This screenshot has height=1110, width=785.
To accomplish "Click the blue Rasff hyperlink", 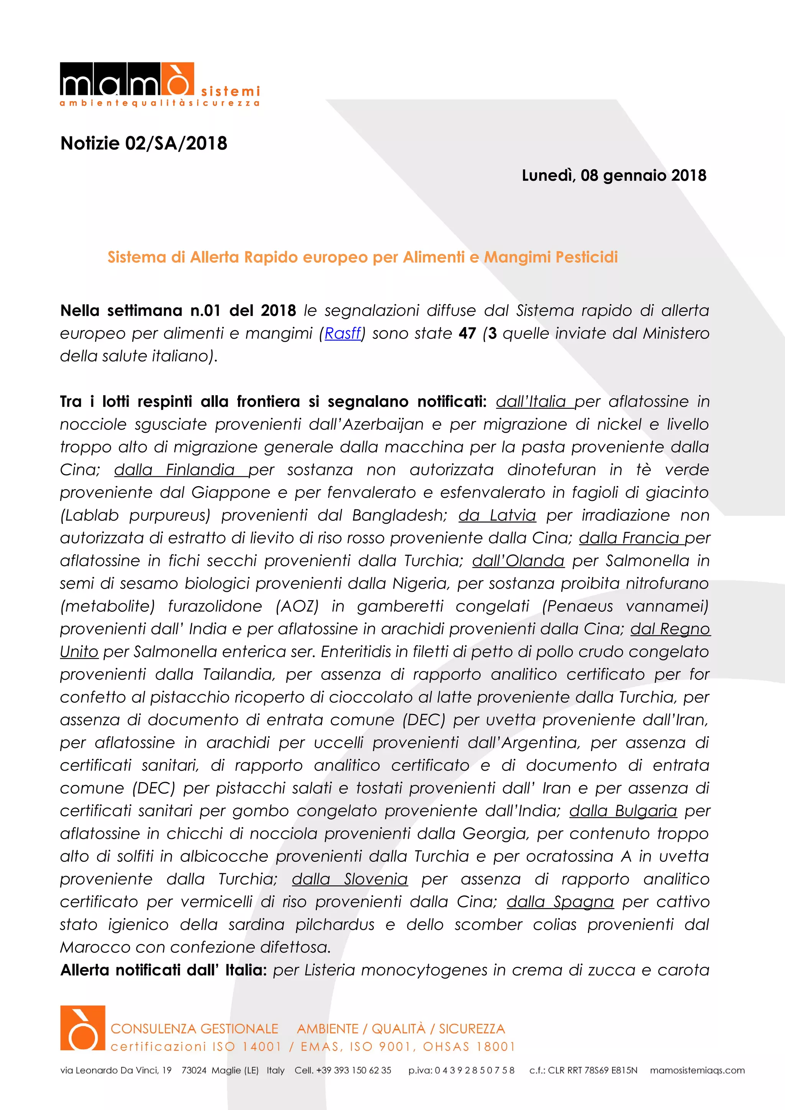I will pos(342,334).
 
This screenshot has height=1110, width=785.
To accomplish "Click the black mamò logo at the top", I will pos(127,80).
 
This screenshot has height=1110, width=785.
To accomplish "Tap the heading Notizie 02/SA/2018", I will pos(144,144).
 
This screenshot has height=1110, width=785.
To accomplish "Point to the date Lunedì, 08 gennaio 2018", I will pos(614,175).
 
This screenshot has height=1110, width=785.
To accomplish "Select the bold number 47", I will pos(467,334).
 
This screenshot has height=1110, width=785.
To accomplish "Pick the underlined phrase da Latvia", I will pos(497,516).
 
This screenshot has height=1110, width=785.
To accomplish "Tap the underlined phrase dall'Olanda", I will pos(518,561).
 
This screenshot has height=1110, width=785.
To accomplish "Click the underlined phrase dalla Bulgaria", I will pos(622,811).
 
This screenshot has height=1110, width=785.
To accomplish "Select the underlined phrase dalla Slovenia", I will pos(350,879).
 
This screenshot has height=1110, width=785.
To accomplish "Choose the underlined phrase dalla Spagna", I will pos(560,902).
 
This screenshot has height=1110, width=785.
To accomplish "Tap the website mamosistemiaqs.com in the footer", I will pos(697,1070).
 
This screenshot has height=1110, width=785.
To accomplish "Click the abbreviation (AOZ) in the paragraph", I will pos(297,606).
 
